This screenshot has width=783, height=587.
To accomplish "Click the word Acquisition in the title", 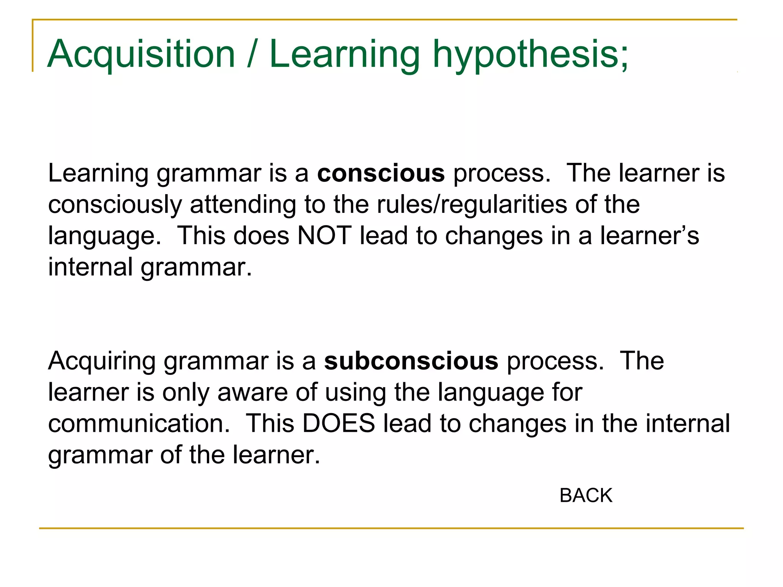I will click(x=141, y=54).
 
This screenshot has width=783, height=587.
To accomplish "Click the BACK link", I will click(x=586, y=496).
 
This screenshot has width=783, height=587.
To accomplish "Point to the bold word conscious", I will click(x=381, y=174).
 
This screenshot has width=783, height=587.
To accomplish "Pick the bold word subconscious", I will click(x=411, y=361).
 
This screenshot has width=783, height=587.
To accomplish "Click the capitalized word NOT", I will click(x=324, y=235).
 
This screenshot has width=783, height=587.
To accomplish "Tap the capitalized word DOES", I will click(x=339, y=423).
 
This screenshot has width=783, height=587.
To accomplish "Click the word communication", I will click(x=139, y=423).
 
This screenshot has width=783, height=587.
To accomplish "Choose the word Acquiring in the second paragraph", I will click(x=102, y=361).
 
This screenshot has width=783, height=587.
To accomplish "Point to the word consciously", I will click(x=115, y=204).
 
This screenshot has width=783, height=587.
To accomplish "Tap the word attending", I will click(x=243, y=204).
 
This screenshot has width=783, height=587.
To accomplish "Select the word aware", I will click(x=253, y=392).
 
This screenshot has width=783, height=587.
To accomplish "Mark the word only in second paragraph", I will click(x=186, y=392).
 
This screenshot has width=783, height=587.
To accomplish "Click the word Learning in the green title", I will click(x=344, y=54).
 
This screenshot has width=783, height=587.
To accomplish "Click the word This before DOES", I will click(x=270, y=423).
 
